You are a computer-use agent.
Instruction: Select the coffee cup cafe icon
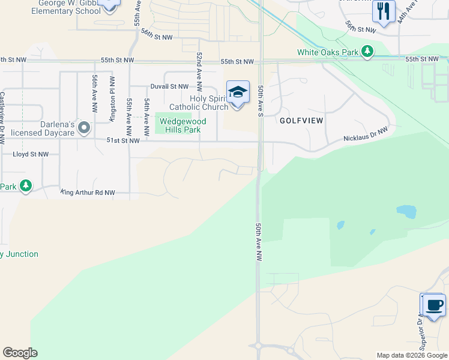tap(434, 305)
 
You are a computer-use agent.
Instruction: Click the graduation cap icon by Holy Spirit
tap(238, 92)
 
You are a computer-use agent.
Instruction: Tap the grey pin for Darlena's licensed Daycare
tap(84, 127)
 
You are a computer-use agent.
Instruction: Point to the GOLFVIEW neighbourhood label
tap(301, 121)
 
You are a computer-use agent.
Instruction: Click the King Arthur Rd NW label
tap(87, 193)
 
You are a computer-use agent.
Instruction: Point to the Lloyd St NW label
tap(31, 154)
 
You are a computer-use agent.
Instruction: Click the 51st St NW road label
tap(123, 140)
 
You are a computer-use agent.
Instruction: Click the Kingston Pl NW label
tap(112, 99)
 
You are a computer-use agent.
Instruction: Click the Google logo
tap(20, 353)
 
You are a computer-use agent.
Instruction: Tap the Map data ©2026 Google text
tap(411, 355)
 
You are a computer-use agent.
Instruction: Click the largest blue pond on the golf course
tap(406, 212)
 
